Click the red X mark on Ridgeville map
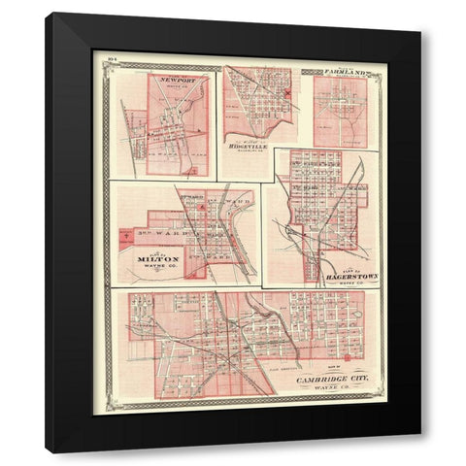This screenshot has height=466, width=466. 289,94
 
